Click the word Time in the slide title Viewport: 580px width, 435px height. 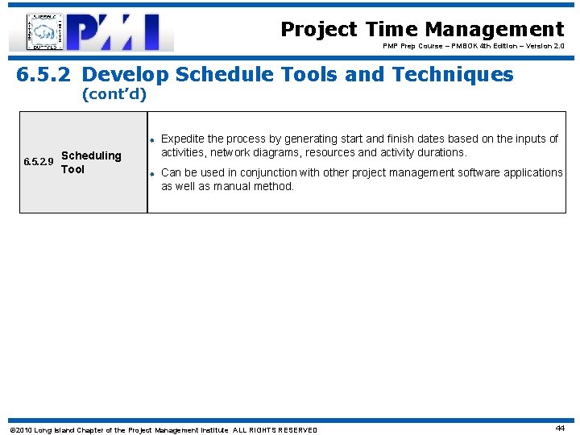(x=391, y=30)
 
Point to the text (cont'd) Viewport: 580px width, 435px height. (x=114, y=94)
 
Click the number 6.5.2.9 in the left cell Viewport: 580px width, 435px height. (x=39, y=163)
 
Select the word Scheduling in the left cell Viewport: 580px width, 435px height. (x=91, y=155)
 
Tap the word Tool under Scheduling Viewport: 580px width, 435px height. (x=72, y=169)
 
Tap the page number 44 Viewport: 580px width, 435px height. (x=560, y=429)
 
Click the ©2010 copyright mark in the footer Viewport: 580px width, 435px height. (x=20, y=430)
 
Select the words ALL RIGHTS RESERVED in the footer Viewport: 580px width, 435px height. (x=275, y=430)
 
